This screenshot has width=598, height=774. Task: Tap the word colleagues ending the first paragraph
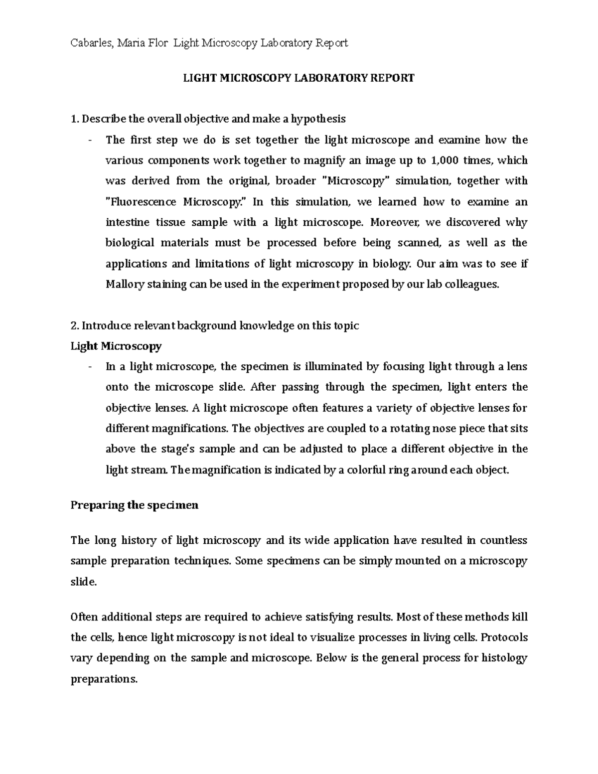(x=473, y=285)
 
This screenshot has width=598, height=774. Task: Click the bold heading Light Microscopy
(x=116, y=346)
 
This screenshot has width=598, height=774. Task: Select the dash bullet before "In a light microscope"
(x=90, y=367)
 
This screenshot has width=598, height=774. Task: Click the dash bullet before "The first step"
(x=90, y=141)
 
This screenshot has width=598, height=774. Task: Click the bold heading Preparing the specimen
(x=134, y=505)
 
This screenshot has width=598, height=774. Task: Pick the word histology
(x=504, y=658)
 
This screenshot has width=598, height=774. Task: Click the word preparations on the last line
(x=104, y=679)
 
